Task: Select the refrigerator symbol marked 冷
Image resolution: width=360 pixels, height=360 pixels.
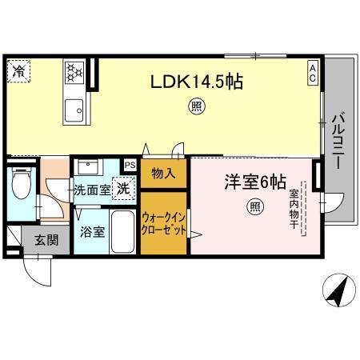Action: (x=18, y=70)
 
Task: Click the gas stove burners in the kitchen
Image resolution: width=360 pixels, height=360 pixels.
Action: (x=75, y=73)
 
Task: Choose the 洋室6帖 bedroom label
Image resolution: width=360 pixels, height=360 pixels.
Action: (x=254, y=182)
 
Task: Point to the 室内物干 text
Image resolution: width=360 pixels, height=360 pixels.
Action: (x=293, y=210)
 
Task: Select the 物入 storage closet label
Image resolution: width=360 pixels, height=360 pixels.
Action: (x=164, y=174)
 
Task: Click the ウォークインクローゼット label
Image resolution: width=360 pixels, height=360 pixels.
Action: (x=164, y=223)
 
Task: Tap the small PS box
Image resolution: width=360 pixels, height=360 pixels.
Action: (x=128, y=166)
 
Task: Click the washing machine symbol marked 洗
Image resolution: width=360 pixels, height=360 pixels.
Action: (x=123, y=190)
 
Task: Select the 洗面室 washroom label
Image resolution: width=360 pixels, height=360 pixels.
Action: (x=92, y=191)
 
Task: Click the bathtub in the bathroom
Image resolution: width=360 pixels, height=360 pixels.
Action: (x=123, y=232)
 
